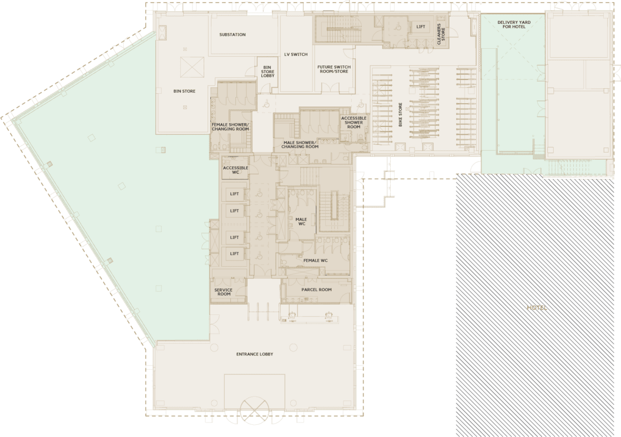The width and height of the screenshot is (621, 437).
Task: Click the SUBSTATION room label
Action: click(x=233, y=35)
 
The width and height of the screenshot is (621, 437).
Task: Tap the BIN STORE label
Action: click(x=184, y=91)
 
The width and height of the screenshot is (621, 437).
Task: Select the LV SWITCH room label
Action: click(x=296, y=54)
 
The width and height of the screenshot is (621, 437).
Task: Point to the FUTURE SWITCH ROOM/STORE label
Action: click(x=333, y=69)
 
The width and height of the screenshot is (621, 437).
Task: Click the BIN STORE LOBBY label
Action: click(x=267, y=72)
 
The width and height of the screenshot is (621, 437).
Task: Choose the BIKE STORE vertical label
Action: click(x=400, y=115)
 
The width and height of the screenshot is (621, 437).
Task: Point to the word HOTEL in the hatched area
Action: click(x=537, y=307)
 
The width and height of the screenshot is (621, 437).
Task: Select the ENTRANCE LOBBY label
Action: click(x=255, y=354)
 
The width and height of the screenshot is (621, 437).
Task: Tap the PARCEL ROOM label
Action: click(x=316, y=289)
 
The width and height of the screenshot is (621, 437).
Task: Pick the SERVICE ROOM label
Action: click(x=223, y=292)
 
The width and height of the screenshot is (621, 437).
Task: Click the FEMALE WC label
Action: click(x=315, y=260)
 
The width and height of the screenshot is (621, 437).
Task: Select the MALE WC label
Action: click(x=301, y=222)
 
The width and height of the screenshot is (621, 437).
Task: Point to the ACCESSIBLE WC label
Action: click(x=235, y=170)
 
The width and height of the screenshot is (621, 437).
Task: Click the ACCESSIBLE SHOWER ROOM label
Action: click(x=354, y=122)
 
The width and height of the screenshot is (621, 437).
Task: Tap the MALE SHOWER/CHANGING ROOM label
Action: click(x=300, y=145)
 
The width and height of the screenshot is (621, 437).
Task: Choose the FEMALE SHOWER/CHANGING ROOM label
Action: click(x=230, y=126)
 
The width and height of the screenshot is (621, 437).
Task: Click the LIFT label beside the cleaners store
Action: click(x=420, y=27)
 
